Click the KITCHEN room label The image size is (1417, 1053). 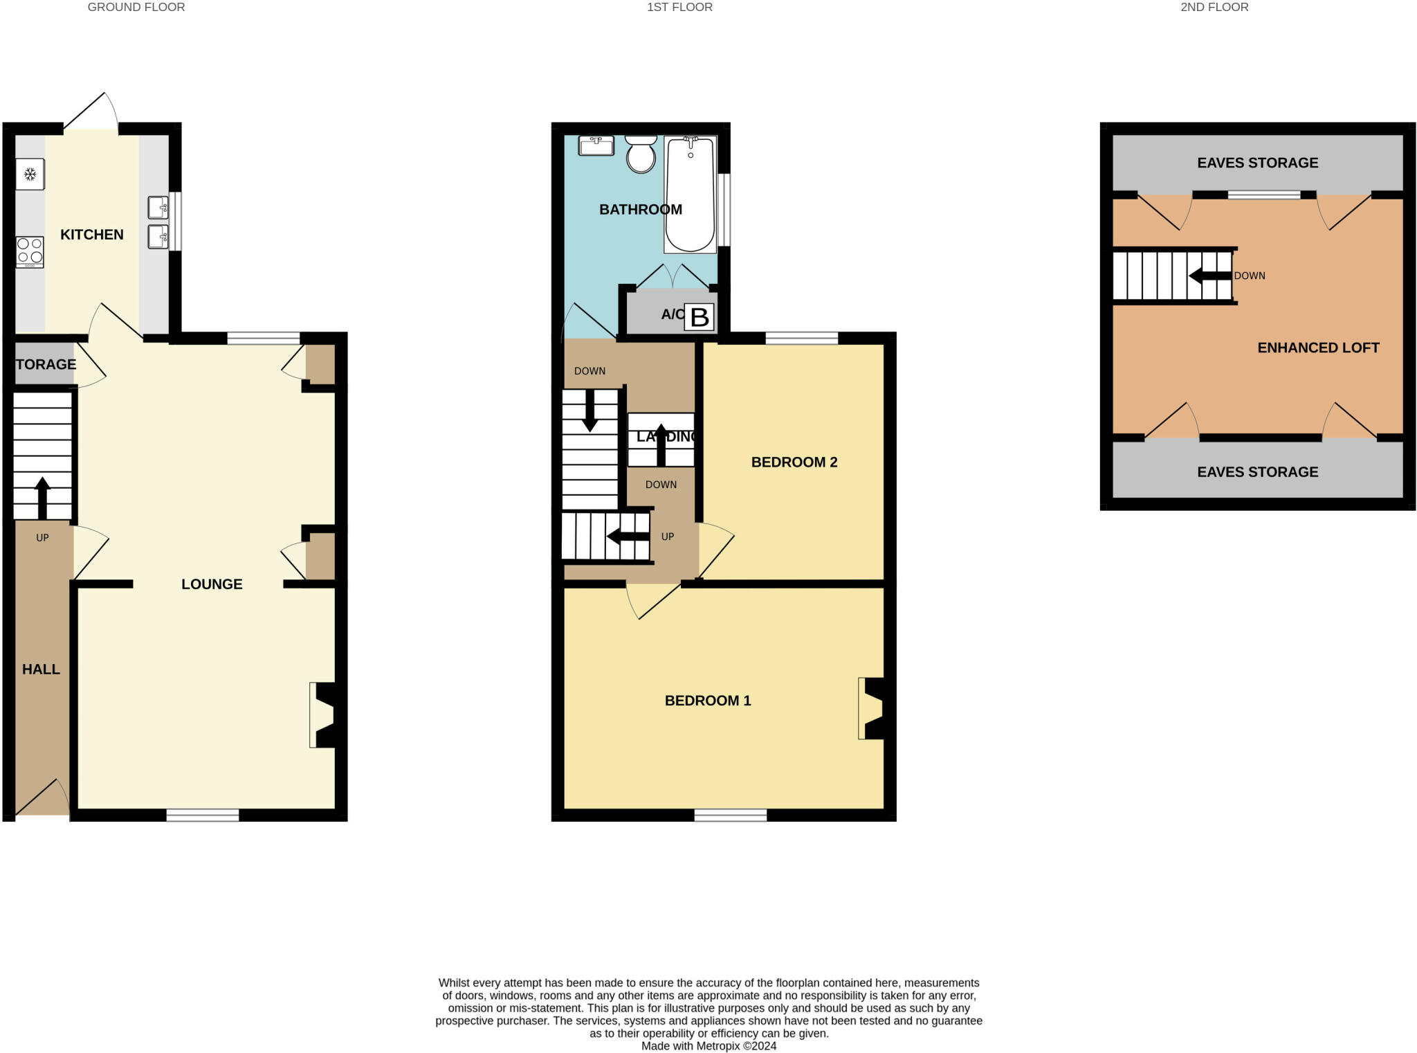coord(92,235)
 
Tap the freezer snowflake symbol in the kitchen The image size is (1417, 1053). coord(30,174)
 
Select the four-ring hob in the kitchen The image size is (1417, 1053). coord(30,252)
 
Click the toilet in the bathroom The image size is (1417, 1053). coord(641,154)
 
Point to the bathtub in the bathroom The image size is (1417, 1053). coord(690,195)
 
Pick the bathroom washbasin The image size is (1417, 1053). coord(596,145)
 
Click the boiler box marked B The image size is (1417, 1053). coord(699,317)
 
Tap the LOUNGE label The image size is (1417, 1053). coord(212,584)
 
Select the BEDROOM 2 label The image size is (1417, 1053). coord(794,462)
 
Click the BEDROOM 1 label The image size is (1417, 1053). coord(708,701)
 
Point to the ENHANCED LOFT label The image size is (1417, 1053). coord(1318,348)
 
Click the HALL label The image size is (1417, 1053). coord(41,669)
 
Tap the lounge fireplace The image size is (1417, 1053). coord(323,715)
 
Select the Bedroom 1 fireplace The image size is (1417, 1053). coord(872,708)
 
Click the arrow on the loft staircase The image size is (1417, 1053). coord(1210,276)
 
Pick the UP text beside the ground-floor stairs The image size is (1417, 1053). coord(42,538)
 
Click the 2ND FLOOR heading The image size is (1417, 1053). coord(1214,8)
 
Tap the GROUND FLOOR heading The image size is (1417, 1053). coord(136,8)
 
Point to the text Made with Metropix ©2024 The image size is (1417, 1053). coord(708,1046)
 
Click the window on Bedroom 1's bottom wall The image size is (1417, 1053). coord(731,816)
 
